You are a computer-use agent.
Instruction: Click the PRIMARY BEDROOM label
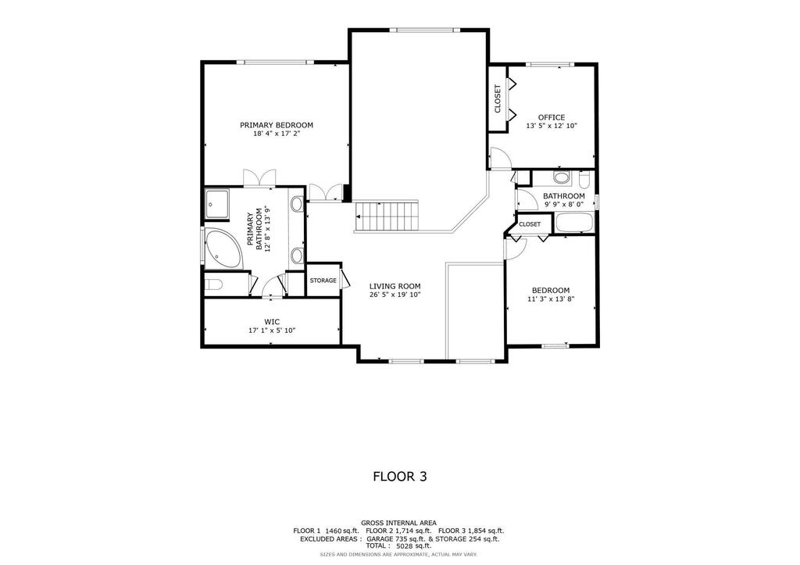[277, 125]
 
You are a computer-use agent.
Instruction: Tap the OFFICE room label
[552, 117]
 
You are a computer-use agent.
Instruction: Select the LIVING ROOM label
[395, 286]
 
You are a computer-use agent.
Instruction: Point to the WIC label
[272, 322]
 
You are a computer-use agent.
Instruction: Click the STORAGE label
[323, 281]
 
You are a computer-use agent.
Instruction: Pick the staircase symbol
[386, 216]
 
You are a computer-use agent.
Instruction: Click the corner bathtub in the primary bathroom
[224, 249]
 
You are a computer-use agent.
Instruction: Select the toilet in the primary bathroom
[213, 284]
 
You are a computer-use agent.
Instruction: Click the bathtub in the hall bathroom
[574, 223]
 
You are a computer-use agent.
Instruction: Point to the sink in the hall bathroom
[562, 178]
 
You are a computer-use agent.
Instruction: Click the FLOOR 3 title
[400, 477]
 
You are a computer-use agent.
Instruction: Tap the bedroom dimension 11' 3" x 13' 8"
[551, 299]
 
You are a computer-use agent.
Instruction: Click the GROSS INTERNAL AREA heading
[398, 523]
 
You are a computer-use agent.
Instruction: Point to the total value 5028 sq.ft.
[414, 545]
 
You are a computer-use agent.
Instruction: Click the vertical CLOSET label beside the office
[498, 98]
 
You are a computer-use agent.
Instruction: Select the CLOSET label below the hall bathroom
[530, 224]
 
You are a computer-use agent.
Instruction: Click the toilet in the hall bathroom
[584, 179]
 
